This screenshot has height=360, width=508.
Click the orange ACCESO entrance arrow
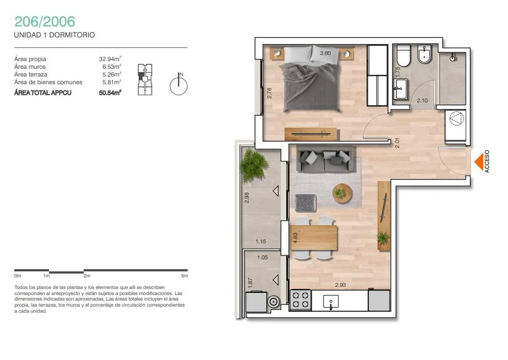479,161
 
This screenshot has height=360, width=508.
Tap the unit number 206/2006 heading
45,21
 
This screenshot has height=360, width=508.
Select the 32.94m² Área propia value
110,59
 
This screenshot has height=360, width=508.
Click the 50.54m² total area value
110,92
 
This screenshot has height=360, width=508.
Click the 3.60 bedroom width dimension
325,53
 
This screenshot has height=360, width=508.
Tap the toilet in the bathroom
403,56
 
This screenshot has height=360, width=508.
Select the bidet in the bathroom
424,54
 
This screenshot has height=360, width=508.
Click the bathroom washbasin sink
400,89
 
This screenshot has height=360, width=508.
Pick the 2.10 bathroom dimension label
422,100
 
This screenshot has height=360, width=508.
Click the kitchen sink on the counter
331,302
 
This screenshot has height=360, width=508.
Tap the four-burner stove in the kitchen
301,300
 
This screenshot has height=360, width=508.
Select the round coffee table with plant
342,193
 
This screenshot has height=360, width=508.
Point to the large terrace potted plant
254,165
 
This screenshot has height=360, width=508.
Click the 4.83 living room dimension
295,237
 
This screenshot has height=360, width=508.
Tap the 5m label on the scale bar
184,276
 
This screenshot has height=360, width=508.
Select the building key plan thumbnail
145,79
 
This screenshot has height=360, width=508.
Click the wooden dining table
313,238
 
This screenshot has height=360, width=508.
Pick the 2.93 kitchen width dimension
340,285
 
